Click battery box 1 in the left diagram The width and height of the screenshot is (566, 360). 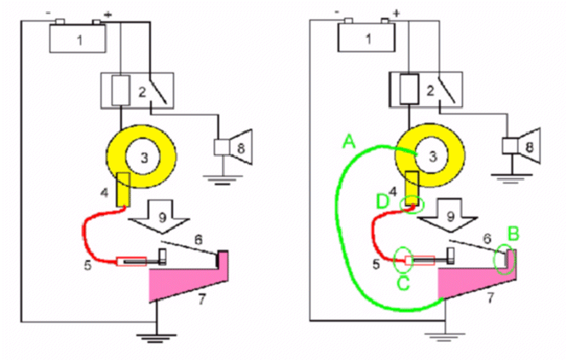point(78,38)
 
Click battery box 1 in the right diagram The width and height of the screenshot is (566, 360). point(367,38)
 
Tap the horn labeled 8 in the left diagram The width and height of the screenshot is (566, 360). point(234,148)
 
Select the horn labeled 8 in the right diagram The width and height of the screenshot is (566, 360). point(522,146)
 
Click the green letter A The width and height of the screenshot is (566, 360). point(349,142)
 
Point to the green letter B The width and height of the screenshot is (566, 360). point(513,234)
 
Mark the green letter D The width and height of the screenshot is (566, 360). point(382,201)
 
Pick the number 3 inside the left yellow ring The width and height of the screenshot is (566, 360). point(144,158)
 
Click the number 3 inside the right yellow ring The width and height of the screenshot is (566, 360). point(432,157)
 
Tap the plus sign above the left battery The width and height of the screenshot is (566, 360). point(107,15)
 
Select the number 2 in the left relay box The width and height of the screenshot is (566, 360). point(142,92)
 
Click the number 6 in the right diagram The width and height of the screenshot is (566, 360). point(488,238)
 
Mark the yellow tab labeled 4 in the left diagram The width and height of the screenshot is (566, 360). point(124,190)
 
